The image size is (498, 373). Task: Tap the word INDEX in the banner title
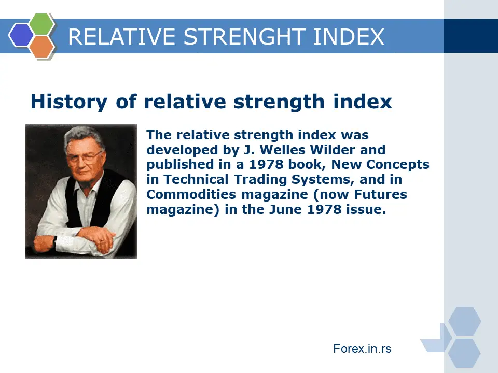[x=349, y=36]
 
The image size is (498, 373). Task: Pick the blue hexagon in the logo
[x=21, y=35]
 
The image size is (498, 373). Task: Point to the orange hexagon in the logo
[x=41, y=47]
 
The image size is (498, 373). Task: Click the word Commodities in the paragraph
[x=191, y=194]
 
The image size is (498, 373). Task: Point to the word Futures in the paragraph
[x=380, y=194]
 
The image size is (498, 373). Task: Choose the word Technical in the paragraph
[x=196, y=180]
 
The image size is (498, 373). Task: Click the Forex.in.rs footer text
[x=362, y=349]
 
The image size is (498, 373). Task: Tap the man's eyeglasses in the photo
[x=85, y=156]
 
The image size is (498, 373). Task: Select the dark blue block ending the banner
[x=471, y=36]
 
